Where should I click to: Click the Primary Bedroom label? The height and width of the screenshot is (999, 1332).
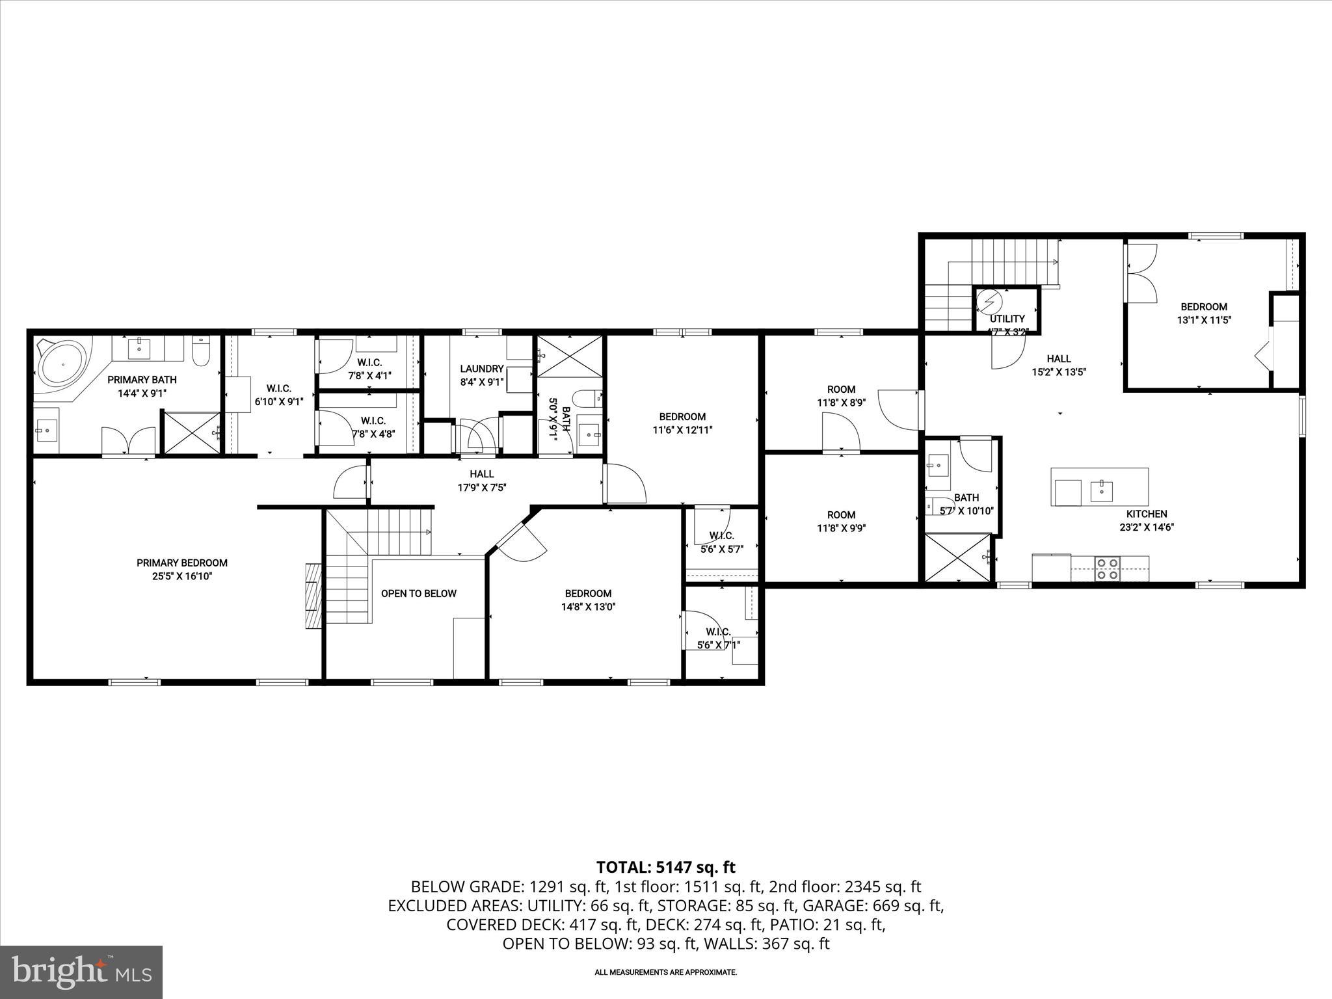182,563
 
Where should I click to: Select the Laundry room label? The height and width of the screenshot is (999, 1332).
482,369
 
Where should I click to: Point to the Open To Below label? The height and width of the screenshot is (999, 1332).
419,593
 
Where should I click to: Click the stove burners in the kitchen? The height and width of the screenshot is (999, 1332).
1107,568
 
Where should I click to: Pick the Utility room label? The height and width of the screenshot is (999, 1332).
1007,319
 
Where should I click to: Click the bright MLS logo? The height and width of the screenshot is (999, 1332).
81,972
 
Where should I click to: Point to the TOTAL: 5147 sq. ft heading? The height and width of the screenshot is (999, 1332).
666,867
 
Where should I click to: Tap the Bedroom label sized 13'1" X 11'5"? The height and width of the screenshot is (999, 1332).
1204,306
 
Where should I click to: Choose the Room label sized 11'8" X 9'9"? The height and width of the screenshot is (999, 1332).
842,514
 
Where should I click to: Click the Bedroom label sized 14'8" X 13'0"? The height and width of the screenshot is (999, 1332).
588,593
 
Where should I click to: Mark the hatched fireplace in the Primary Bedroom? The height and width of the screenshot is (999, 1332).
313,595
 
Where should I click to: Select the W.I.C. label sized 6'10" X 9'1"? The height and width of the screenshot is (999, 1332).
278,388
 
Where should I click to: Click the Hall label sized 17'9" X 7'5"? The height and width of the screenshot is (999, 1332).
482,474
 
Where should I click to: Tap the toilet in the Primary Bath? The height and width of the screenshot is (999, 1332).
200,352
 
